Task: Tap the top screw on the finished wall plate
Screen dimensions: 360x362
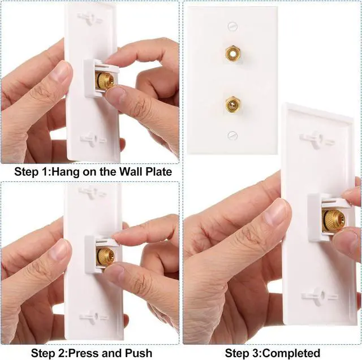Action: point(232,26)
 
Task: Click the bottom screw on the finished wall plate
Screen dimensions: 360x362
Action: point(232,135)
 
